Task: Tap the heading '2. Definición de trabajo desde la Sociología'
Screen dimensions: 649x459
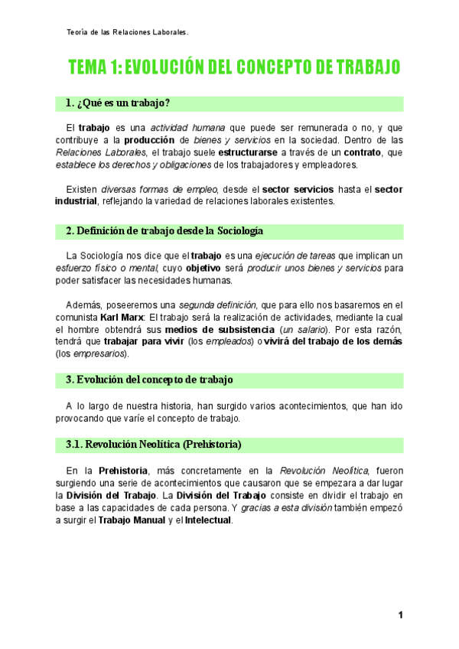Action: coord(164,230)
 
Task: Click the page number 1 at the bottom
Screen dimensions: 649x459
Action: coord(400,615)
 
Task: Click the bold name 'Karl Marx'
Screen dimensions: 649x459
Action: coord(122,317)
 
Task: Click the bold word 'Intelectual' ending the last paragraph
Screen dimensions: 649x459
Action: coord(207,520)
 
